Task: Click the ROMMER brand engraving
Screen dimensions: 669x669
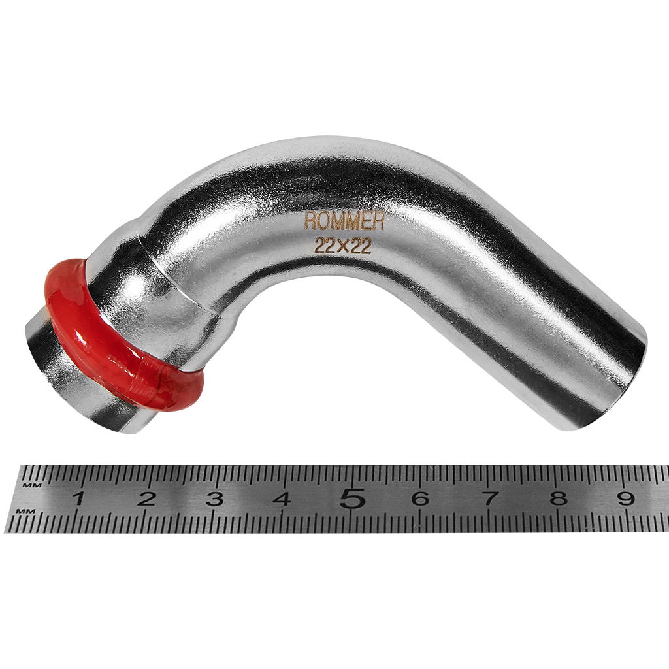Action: pyautogui.click(x=344, y=223)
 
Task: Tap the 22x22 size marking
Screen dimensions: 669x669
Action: pyautogui.click(x=342, y=246)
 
